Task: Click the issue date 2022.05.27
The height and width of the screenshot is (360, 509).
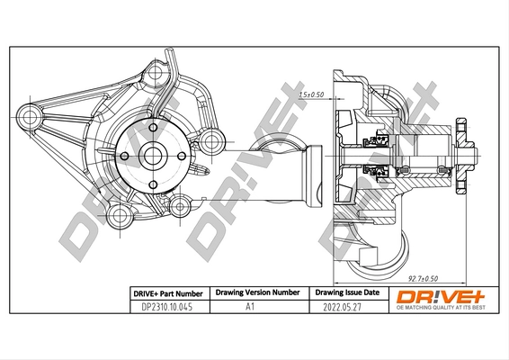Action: [x=341, y=306]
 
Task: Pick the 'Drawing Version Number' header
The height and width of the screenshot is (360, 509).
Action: [x=257, y=292]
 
